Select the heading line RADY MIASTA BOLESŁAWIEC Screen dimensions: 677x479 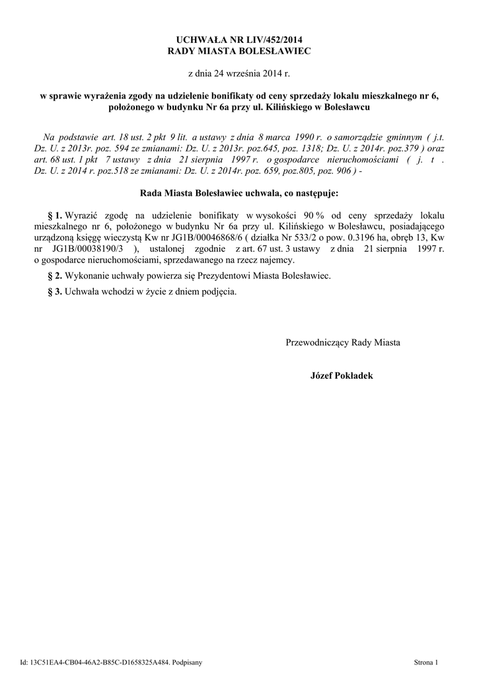pyautogui.click(x=239, y=51)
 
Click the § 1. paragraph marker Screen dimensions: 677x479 pyautogui.click(x=55, y=216)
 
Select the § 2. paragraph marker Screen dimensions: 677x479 pyautogui.click(x=55, y=275)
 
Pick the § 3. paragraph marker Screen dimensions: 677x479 pyautogui.click(x=55, y=292)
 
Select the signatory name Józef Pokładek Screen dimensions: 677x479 pyautogui.click(x=342, y=376)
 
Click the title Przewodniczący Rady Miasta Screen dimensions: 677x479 pyautogui.click(x=342, y=342)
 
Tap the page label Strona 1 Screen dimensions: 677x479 pyautogui.click(x=425, y=662)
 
